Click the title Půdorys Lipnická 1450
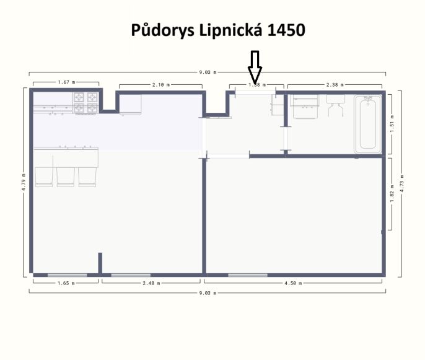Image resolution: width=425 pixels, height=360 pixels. click(218, 30)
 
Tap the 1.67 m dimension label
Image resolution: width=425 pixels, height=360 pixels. click(66, 82)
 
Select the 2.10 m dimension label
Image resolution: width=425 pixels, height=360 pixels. click(161, 84)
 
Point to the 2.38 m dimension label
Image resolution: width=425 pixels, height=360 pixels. click(335, 84)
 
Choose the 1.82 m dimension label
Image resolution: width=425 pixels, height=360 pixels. click(392, 193)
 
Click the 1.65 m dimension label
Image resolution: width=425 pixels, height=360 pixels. click(65, 283)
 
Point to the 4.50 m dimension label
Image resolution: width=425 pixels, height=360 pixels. click(294, 283)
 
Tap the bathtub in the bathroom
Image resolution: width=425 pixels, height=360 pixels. click(367, 123)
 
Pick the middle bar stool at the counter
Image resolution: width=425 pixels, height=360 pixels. click(66, 176)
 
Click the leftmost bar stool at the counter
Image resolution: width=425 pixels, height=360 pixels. click(45, 176)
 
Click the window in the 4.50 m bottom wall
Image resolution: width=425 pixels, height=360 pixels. click(248, 274)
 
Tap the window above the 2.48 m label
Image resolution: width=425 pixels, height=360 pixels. click(131, 274)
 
